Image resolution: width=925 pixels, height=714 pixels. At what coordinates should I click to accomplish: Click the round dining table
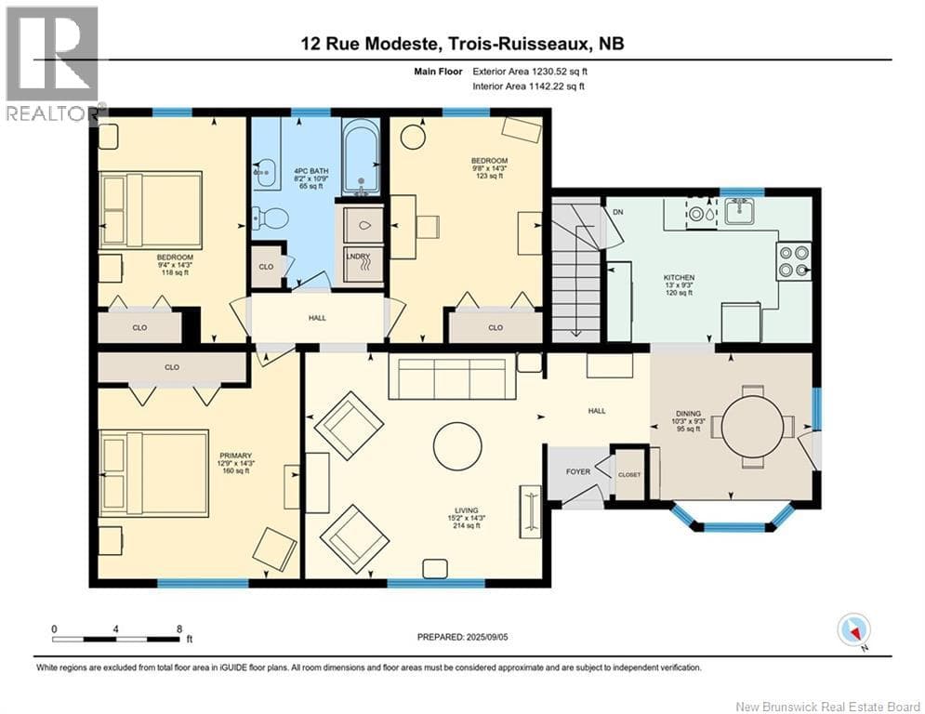tap(752, 426)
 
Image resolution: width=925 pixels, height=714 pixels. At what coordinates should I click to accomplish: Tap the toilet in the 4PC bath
tap(270, 218)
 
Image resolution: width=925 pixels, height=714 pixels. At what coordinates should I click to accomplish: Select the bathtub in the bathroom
tap(361, 157)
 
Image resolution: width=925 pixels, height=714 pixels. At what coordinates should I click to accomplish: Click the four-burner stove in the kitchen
tap(793, 261)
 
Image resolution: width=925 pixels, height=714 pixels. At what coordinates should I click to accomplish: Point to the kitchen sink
tap(739, 211)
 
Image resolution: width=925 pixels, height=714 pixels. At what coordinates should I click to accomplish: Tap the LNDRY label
tap(358, 257)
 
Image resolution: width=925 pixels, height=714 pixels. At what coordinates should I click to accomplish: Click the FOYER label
tap(578, 471)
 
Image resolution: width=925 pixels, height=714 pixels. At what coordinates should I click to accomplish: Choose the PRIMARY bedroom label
tap(235, 456)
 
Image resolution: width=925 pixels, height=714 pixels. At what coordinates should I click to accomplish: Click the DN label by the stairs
tap(617, 212)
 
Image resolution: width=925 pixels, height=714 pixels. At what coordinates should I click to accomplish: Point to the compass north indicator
tap(853, 630)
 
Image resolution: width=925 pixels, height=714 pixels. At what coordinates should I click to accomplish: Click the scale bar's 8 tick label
tap(179, 629)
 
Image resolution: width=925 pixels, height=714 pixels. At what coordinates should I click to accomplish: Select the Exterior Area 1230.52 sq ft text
tap(530, 72)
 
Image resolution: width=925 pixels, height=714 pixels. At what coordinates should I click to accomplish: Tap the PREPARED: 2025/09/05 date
tap(463, 637)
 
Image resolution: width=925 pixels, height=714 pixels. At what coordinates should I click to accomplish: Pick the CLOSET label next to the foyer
tap(629, 475)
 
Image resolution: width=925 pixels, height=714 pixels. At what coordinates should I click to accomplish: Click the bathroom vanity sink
tap(267, 173)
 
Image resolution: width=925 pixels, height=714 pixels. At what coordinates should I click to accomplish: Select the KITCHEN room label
tap(679, 277)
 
